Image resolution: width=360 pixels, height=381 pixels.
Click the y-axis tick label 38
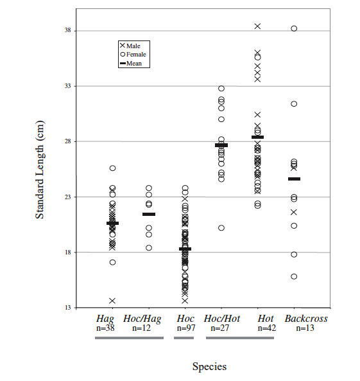pos(68,30)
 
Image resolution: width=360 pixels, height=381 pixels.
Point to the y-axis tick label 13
pos(68,308)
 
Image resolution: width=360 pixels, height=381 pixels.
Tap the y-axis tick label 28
pos(68,141)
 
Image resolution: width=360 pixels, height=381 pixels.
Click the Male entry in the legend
pos(130,46)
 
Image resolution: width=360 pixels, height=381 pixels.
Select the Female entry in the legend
pos(133,54)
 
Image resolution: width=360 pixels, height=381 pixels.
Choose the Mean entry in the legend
pos(131,63)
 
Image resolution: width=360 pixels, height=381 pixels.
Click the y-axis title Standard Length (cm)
pos(40,170)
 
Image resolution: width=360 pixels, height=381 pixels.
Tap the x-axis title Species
pos(209,366)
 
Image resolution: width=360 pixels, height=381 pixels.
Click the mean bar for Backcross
pos(294,179)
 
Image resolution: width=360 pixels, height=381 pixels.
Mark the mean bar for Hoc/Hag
pos(149,214)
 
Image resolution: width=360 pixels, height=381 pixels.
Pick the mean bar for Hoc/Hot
pos(221,145)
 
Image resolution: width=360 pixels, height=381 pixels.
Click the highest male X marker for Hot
pos(257,26)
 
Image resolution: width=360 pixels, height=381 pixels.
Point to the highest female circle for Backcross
pos(294,28)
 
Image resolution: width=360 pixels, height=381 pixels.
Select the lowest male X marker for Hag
pos(112,301)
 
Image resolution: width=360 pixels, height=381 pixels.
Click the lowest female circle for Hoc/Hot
pos(221,228)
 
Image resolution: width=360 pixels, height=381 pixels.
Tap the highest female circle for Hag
pos(113,168)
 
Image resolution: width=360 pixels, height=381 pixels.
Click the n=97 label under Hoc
pos(186,328)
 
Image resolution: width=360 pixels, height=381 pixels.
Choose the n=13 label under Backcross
pos(305,328)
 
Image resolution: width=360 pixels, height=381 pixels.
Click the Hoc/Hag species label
pos(142,319)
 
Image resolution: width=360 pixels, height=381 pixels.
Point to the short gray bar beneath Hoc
pos(184,338)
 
